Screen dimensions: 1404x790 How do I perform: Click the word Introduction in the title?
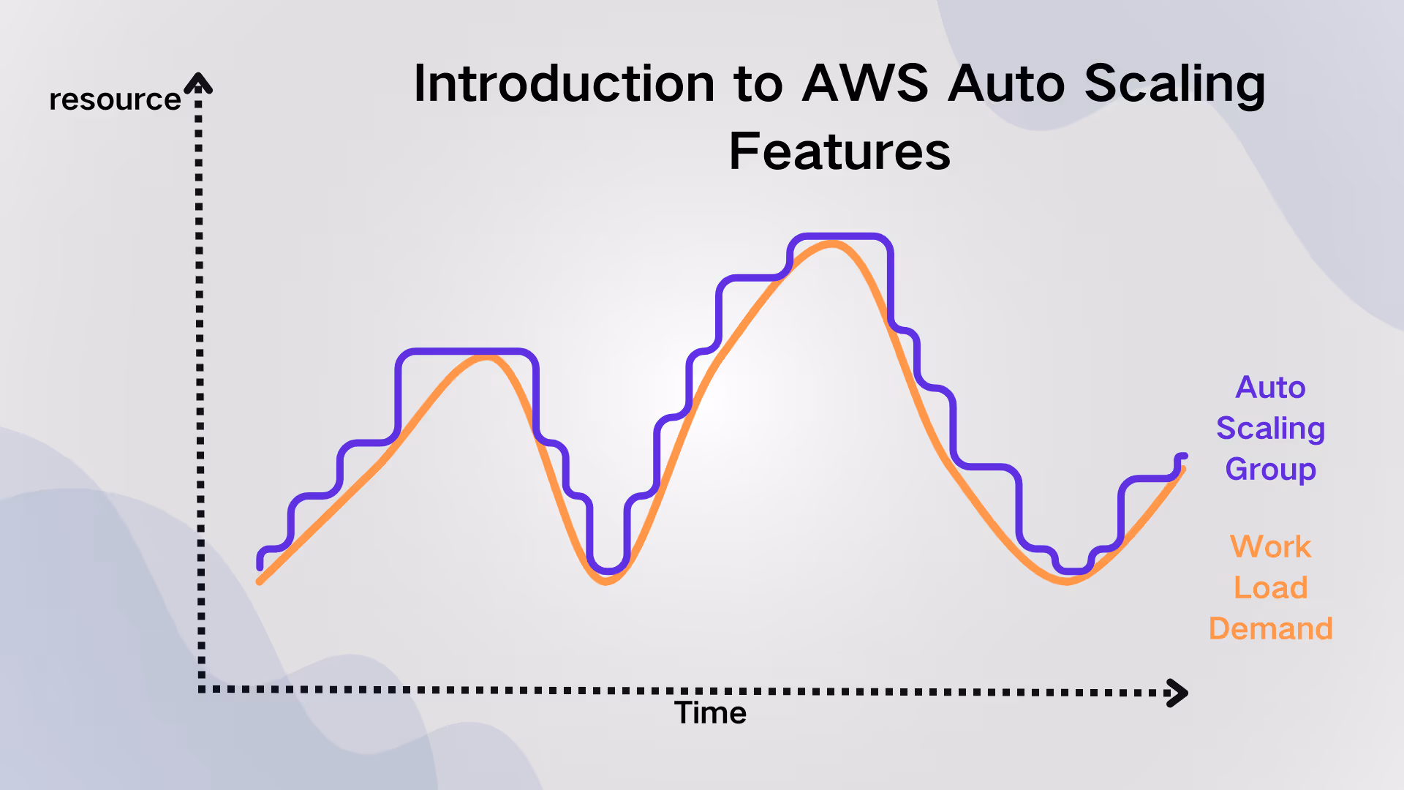coord(563,83)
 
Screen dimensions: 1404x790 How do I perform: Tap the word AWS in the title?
coord(865,83)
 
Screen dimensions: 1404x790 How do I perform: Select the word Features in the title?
coord(839,151)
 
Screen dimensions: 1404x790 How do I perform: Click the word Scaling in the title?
coord(1174,85)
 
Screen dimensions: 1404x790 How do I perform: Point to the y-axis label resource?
coord(115,99)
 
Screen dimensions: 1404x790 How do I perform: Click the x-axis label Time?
coord(710,712)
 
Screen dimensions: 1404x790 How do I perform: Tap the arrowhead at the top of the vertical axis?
coord(198,83)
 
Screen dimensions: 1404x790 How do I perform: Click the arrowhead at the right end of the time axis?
coord(1177,693)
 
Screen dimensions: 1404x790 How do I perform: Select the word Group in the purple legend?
coord(1270,469)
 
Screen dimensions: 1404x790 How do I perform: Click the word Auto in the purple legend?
coord(1270,387)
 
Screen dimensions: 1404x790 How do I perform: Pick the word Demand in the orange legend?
coord(1270,628)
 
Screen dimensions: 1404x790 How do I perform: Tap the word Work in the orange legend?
coord(1270,546)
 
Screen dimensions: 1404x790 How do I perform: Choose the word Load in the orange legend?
coord(1270,587)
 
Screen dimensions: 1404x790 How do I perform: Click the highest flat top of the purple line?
coord(839,236)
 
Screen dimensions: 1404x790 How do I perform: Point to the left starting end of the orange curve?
coord(260,582)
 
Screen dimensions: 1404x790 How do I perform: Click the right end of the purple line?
coord(1183,456)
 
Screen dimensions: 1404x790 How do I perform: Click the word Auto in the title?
coord(1005,83)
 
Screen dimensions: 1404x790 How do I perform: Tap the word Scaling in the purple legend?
coord(1270,429)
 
